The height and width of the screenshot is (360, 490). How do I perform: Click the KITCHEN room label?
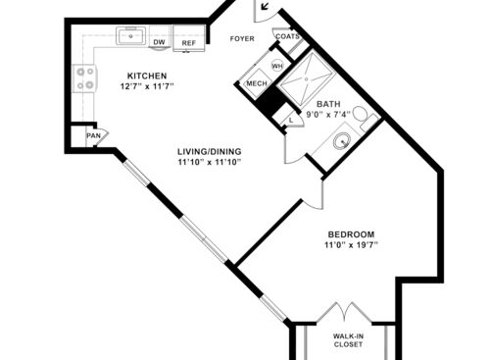click(x=147, y=77)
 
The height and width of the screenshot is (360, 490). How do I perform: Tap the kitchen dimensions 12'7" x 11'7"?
click(x=147, y=87)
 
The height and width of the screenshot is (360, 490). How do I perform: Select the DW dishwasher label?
click(x=157, y=43)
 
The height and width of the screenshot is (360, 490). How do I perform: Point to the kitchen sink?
click(x=131, y=37)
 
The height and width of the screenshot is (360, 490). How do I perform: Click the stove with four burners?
click(x=84, y=78)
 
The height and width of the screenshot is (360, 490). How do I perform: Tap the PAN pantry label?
click(x=93, y=134)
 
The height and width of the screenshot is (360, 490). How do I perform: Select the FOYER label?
click(x=241, y=40)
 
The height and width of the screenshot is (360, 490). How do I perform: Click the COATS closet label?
click(x=286, y=37)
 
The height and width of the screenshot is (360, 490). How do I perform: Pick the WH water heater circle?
click(x=275, y=67)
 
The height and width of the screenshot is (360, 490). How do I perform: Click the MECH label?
click(x=257, y=84)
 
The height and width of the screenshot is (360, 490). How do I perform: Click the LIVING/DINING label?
click(x=209, y=150)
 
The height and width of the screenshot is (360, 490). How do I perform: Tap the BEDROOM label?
click(x=351, y=233)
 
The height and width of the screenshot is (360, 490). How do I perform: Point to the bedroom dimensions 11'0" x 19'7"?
click(x=351, y=244)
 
